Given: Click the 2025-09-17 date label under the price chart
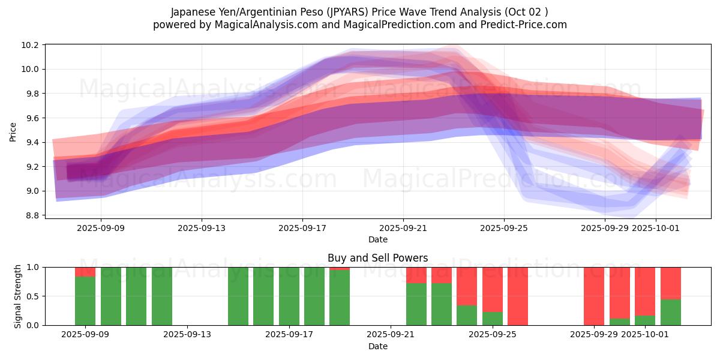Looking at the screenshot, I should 302,228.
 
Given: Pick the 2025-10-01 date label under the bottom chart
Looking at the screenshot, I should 656,335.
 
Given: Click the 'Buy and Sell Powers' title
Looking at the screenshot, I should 377,258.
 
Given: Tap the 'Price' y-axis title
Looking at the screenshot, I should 13,131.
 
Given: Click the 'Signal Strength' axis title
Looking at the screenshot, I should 18,296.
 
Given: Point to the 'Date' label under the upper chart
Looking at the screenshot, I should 377,239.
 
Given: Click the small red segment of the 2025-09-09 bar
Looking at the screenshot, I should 85,272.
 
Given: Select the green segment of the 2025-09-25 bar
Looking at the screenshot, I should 493,319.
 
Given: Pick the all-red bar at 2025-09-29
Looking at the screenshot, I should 594,296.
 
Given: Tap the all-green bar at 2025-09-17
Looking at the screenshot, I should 289,296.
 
